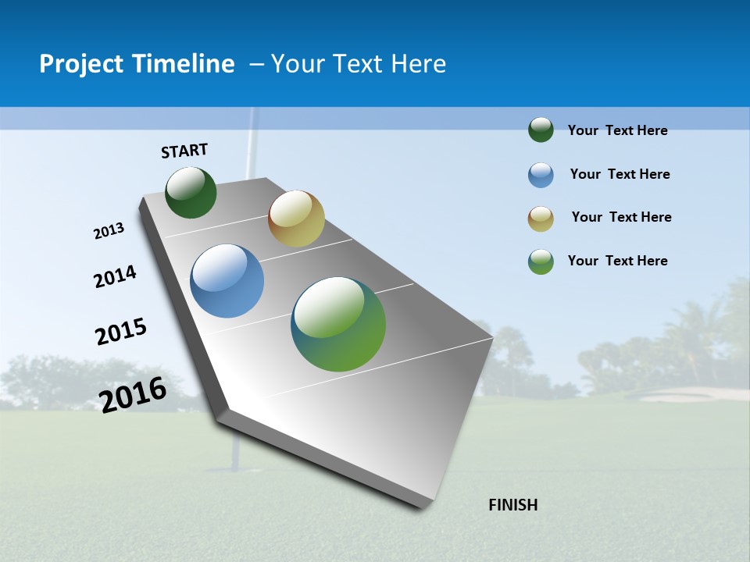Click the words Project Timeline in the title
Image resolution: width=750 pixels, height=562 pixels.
point(137,64)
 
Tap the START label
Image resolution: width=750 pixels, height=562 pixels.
point(184,151)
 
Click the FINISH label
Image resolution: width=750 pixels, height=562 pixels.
point(513,505)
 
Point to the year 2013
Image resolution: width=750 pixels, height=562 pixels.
point(109,231)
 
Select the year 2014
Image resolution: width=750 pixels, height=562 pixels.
point(115,276)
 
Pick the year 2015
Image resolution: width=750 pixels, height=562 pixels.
point(121,332)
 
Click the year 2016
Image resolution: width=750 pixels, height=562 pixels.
point(133,394)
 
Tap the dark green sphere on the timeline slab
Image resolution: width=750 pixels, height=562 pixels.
point(191,193)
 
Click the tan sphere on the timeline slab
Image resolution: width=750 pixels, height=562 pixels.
point(296,219)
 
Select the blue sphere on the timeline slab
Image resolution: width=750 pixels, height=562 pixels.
point(227,281)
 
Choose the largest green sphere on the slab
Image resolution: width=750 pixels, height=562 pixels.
point(338,324)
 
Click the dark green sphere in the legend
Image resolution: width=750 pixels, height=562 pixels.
point(541,130)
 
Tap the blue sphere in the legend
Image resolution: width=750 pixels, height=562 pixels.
point(541,175)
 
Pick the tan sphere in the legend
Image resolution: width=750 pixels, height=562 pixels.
point(541,219)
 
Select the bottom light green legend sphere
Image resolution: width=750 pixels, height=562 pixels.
point(541,261)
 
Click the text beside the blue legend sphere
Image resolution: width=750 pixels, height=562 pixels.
point(620,174)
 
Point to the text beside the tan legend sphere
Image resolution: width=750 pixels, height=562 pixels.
point(621,217)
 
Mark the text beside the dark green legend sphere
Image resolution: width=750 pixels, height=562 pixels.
point(617,130)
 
